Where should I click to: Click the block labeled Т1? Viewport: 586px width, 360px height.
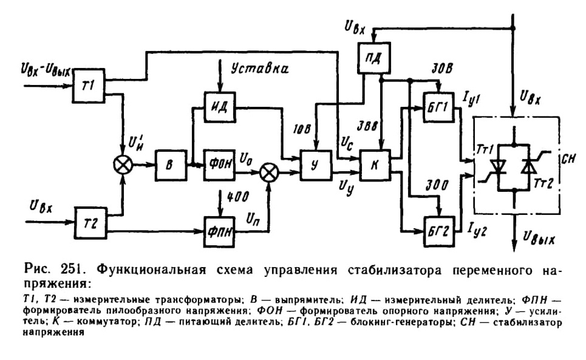click(x=89, y=86)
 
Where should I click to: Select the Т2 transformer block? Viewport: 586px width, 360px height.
click(x=91, y=223)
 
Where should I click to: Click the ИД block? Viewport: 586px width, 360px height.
click(x=220, y=107)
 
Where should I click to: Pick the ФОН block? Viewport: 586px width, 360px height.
click(x=219, y=165)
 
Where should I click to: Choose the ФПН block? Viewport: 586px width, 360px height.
click(x=220, y=231)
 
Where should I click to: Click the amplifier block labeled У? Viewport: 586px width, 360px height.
click(x=316, y=166)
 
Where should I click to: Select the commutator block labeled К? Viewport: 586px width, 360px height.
click(x=375, y=166)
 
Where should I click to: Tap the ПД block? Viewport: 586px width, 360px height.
click(x=374, y=58)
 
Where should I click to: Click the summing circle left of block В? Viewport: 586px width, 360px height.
click(x=123, y=165)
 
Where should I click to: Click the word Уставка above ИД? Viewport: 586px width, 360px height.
click(x=260, y=69)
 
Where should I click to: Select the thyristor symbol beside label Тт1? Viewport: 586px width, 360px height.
click(x=498, y=167)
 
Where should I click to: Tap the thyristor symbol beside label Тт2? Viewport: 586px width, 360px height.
click(x=530, y=167)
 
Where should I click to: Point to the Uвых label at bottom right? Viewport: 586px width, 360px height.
click(x=539, y=238)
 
